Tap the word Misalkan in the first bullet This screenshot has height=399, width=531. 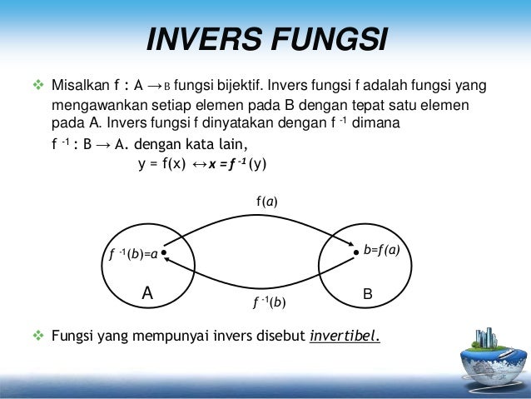(x=80, y=86)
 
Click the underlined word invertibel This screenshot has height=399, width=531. (x=344, y=337)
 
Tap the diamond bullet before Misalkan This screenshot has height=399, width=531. (x=36, y=86)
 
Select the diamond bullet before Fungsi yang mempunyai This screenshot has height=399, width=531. (x=36, y=337)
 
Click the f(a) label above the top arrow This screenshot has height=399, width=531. (x=267, y=201)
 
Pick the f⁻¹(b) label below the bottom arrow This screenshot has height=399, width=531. (x=269, y=303)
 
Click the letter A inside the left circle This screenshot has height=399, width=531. (x=147, y=293)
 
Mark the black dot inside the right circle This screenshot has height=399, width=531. (x=355, y=249)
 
